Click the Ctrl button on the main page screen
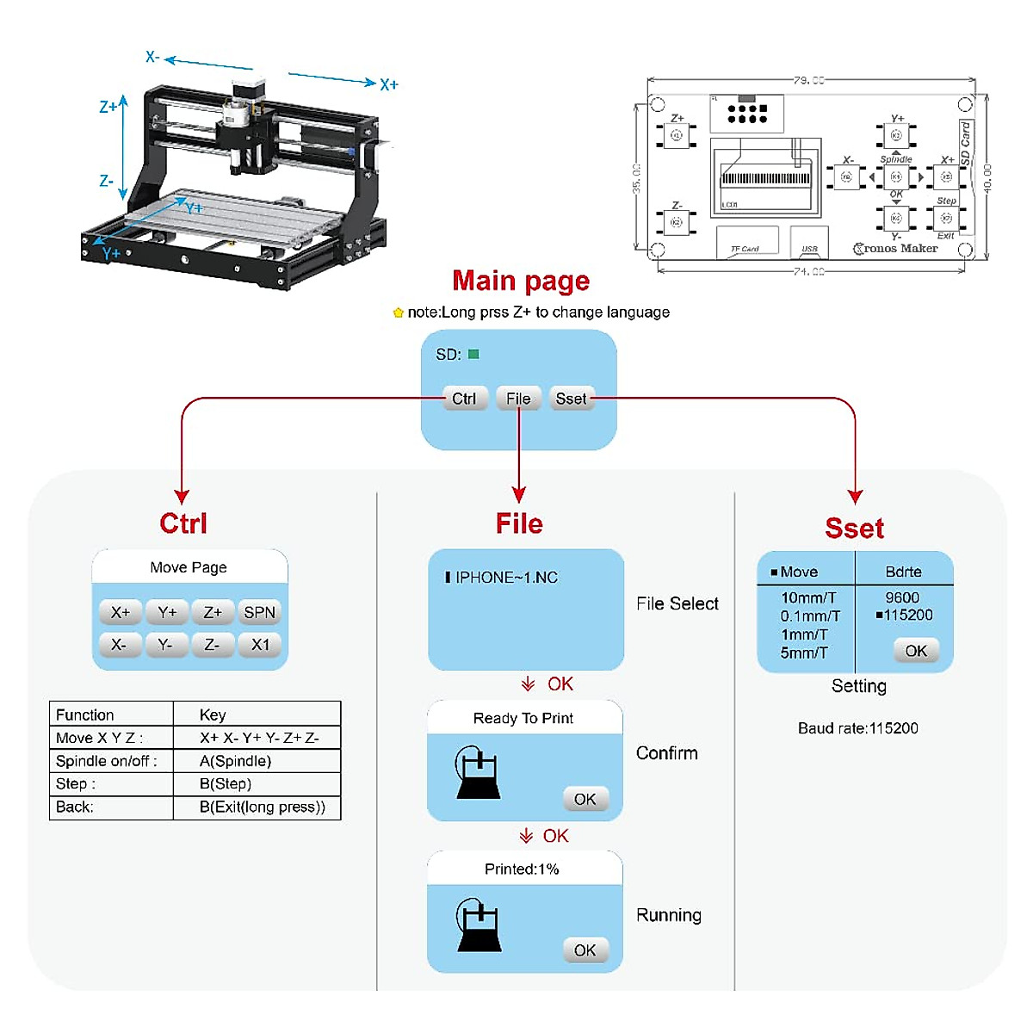464,399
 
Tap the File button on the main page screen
518,399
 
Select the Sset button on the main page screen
571,399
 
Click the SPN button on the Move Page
259,612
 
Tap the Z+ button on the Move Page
213,612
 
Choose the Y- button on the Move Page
165,645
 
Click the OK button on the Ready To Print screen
585,799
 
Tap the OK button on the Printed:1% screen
585,950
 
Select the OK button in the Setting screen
916,651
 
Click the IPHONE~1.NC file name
506,578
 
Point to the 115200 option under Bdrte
907,615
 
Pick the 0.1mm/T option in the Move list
810,616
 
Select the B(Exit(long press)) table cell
262,807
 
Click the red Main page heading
521,281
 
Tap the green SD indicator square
473,354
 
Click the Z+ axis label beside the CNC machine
108,108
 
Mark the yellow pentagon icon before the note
398,312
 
